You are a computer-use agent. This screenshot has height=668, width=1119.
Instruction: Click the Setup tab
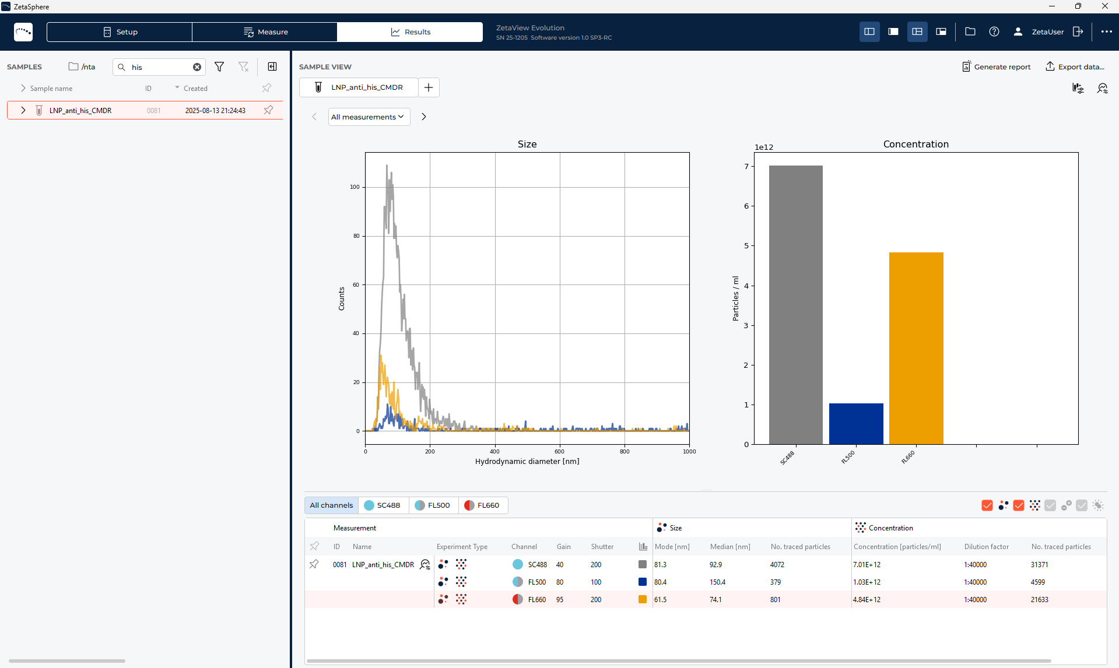pyautogui.click(x=120, y=32)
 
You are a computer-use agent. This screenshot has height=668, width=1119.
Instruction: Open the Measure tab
pyautogui.click(x=265, y=32)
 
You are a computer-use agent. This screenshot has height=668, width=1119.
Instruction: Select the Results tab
pyautogui.click(x=410, y=32)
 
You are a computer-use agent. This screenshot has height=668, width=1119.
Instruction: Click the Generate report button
pyautogui.click(x=996, y=67)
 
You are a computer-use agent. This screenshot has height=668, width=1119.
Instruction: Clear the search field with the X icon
pyautogui.click(x=197, y=67)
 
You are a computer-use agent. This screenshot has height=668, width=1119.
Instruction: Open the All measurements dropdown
pyautogui.click(x=369, y=117)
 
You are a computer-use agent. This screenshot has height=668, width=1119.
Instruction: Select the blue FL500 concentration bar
pyautogui.click(x=856, y=424)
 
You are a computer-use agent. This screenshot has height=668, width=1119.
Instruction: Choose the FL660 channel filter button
pyautogui.click(x=482, y=505)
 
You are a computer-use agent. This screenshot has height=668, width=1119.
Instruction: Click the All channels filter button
pyautogui.click(x=331, y=505)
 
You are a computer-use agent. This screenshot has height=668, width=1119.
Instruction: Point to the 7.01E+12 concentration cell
pyautogui.click(x=867, y=565)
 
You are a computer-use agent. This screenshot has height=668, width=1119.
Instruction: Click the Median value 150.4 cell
pyautogui.click(x=718, y=582)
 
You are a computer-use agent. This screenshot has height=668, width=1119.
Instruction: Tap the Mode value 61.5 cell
pyautogui.click(x=660, y=600)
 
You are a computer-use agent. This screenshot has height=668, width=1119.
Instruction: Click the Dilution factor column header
pyautogui.click(x=986, y=547)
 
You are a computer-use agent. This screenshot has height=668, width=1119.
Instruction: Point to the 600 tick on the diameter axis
pyautogui.click(x=559, y=452)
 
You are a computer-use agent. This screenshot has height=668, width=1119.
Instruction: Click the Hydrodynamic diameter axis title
pyautogui.click(x=527, y=462)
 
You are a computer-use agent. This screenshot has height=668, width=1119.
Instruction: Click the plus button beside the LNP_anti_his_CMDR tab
pyautogui.click(x=429, y=87)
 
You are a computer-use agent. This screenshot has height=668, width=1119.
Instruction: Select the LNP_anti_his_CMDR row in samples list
pyautogui.click(x=80, y=111)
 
